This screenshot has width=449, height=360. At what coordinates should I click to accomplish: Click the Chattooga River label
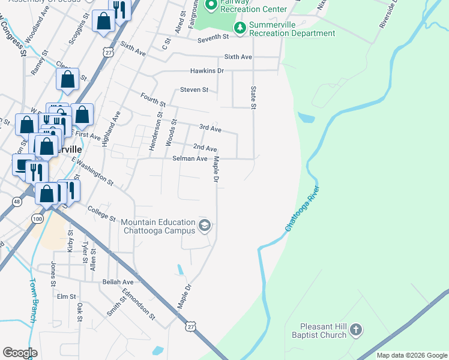tap(303, 209)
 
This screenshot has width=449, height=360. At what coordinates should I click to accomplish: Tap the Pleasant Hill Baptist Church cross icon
tap(356, 329)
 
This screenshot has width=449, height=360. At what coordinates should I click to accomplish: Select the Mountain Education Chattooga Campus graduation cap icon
tap(204, 226)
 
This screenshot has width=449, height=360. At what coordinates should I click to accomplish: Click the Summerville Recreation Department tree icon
tap(240, 27)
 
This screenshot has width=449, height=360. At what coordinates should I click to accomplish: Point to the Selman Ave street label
tap(190, 158)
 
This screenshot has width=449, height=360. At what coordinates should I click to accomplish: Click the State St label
tap(253, 97)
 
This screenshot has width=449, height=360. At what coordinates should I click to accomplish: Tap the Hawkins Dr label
tap(206, 71)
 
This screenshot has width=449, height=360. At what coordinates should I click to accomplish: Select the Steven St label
tap(194, 90)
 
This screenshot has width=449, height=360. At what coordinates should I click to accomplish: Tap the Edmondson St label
tap(139, 305)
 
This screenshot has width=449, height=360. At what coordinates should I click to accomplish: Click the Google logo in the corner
tap(20, 353)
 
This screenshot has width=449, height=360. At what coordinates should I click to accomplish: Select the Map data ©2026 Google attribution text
tap(411, 355)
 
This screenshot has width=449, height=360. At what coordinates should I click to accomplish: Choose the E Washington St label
tap(92, 170)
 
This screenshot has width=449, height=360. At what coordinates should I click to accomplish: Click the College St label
tap(101, 213)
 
